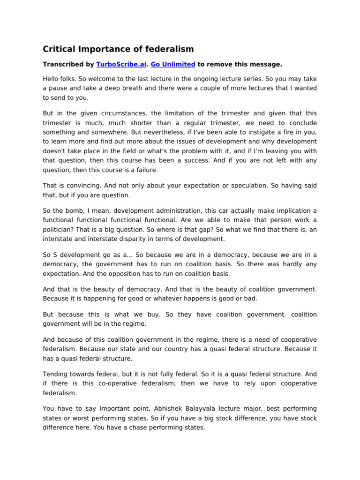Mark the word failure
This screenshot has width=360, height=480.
(147, 170)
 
